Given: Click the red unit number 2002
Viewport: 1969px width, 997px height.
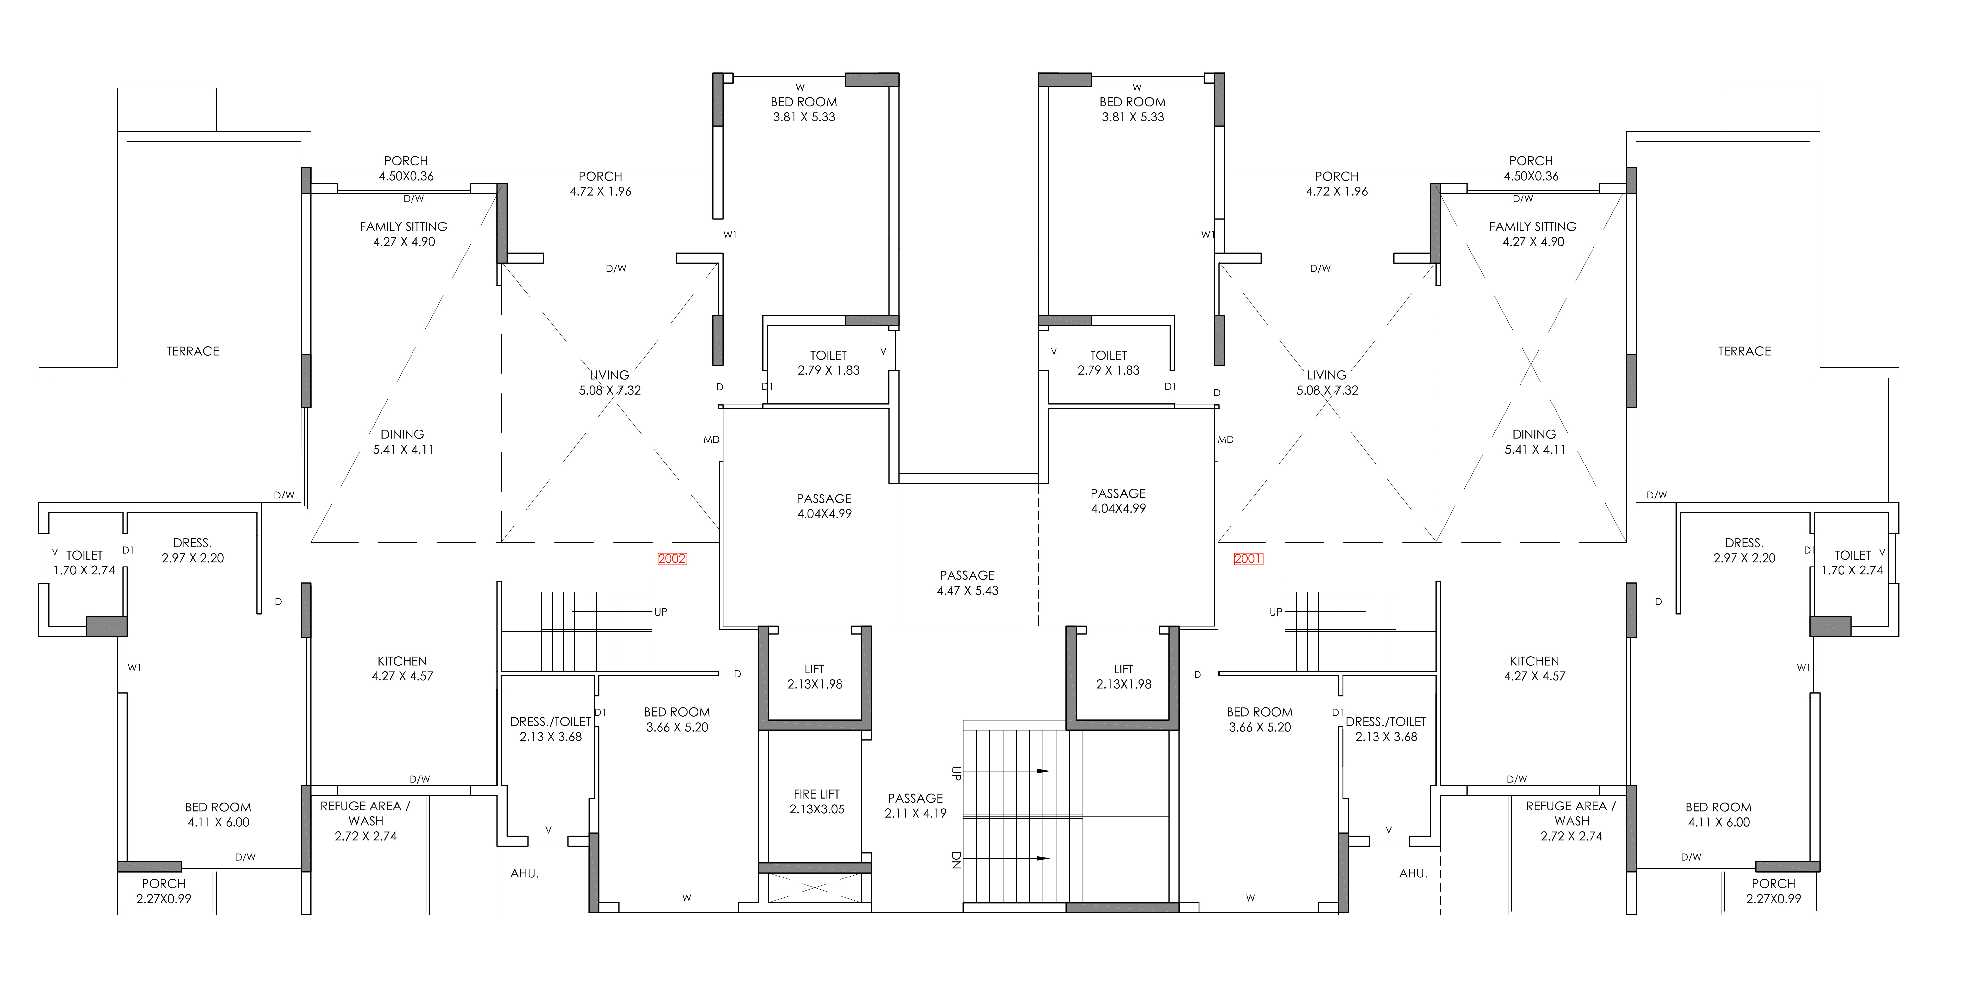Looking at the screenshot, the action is tap(672, 559).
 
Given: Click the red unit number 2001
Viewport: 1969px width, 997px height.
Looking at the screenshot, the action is tap(1248, 559).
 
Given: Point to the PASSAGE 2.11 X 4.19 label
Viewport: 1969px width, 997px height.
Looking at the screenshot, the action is tap(916, 805).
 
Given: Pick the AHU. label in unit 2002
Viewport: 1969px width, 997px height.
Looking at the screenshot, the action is tap(524, 873).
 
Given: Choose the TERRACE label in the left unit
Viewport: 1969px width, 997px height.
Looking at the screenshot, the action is tap(193, 351).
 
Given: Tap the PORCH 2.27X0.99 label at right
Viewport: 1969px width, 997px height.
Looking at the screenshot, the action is tap(1773, 891).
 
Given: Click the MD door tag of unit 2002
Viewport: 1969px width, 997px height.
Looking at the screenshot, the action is tap(712, 439).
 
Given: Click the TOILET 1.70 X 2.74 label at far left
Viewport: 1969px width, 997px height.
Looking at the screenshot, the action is tap(84, 562).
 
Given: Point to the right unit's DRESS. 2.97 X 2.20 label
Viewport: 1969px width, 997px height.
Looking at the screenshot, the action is tap(1744, 550).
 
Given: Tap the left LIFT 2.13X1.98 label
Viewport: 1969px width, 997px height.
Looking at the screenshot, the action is tap(815, 676).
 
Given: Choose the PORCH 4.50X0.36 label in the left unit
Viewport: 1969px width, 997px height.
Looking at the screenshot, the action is tap(406, 168).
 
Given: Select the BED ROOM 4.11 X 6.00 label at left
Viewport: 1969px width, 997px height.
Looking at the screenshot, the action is tap(218, 814).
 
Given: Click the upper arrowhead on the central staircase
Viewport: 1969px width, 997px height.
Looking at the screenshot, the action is tap(1043, 771).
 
